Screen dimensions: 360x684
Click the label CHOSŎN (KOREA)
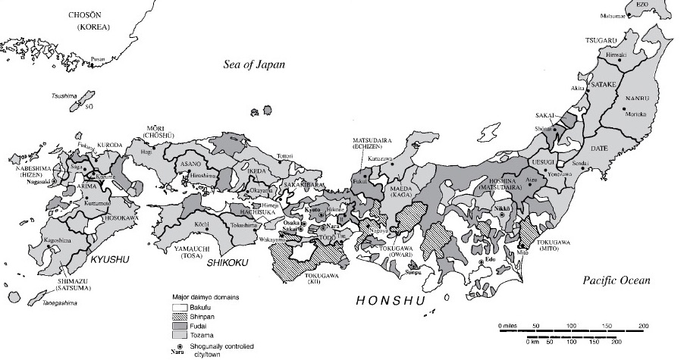[x=90, y=20]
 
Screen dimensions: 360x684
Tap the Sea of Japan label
[x=254, y=64]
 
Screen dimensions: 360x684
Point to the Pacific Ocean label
[x=617, y=280]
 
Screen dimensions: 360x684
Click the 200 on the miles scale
[x=644, y=326]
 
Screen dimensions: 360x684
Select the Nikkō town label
[x=501, y=206]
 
